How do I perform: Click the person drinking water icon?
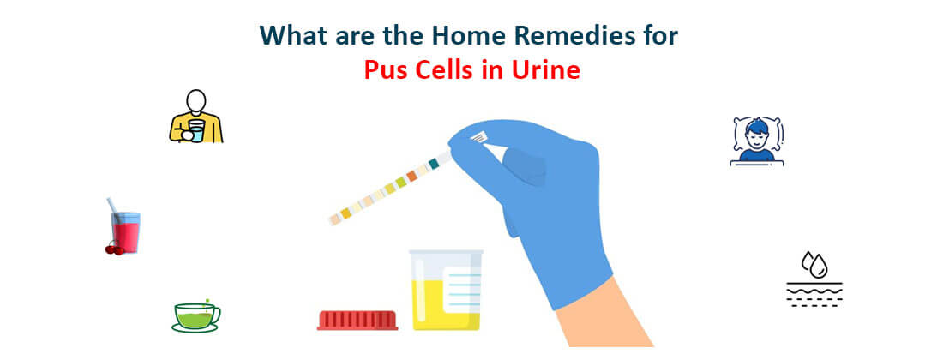[196, 117]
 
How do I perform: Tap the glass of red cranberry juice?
[125, 231]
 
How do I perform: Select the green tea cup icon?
[195, 316]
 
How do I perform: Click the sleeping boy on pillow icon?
[757, 140]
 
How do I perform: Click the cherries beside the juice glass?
[114, 249]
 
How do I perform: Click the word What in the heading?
[295, 36]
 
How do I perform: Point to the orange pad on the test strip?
[412, 175]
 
